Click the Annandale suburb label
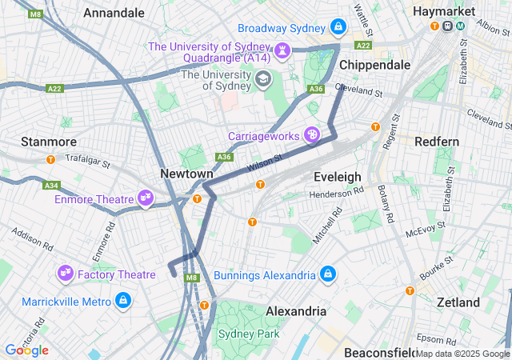pos(114,13)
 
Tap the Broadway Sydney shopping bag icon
pos(338,27)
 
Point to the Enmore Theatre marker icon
pos(145,198)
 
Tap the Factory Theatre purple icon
pos(65,274)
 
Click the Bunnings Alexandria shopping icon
pos(327,275)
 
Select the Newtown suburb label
pos(186,174)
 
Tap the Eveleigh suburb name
pos(338,176)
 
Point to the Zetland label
pos(458,302)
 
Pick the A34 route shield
pos(52,185)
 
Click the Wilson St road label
pos(266,163)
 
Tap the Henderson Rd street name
pos(336,192)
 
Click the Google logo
pos(26,350)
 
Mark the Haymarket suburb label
pos(444,11)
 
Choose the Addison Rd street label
pos(31,239)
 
